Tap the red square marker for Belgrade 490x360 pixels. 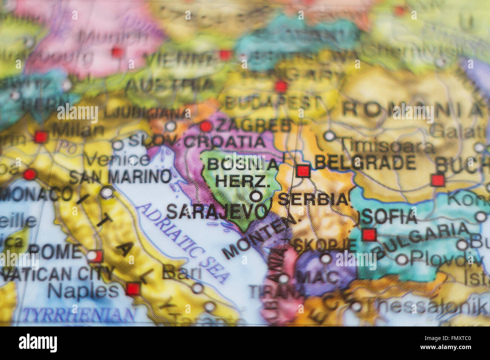click(303, 171)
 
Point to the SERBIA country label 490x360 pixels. click(313, 199)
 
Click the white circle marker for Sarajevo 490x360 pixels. click(256, 196)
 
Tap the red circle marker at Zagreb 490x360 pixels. click(205, 126)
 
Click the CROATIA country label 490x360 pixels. click(225, 142)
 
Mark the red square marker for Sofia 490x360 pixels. click(369, 235)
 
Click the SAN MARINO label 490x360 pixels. click(120, 176)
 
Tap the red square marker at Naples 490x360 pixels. click(132, 289)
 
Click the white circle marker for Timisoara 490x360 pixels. click(330, 136)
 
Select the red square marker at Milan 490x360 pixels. click(40, 136)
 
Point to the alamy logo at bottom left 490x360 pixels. click(38, 343)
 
